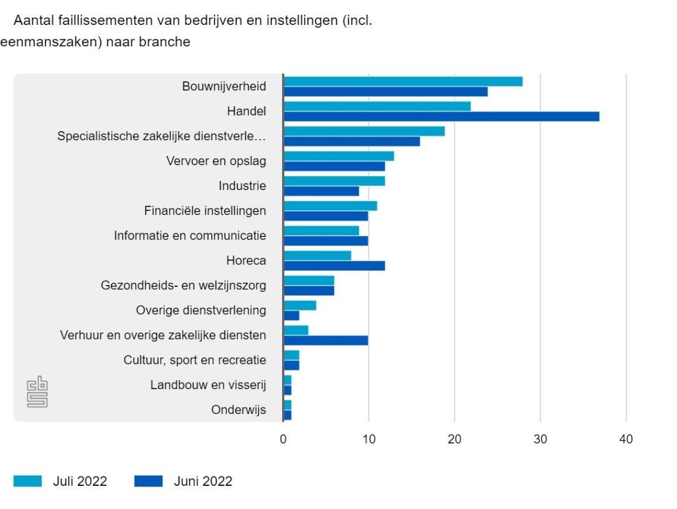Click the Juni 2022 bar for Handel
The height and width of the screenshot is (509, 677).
441,116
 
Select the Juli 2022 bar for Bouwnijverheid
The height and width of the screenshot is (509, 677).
403,81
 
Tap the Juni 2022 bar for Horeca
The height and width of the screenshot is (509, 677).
334,265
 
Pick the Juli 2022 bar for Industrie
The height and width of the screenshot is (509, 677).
334,181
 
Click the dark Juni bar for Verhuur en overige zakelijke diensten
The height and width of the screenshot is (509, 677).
325,340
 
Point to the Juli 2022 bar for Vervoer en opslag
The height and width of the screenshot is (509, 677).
338,156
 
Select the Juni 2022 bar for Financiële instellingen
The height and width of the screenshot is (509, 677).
325,216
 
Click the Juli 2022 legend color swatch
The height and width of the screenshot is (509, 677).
27,481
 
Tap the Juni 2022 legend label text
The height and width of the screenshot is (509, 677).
203,481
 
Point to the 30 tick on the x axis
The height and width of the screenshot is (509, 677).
540,440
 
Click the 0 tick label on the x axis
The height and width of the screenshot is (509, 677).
283,440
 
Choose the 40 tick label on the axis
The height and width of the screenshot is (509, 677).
626,440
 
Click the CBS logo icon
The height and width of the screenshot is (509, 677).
37,391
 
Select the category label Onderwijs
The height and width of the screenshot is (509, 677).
239,410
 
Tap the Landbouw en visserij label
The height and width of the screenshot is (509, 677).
208,385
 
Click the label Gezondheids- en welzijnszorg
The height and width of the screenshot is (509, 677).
184,286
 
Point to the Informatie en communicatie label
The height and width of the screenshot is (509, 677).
190,236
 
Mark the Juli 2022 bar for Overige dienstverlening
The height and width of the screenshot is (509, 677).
300,305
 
